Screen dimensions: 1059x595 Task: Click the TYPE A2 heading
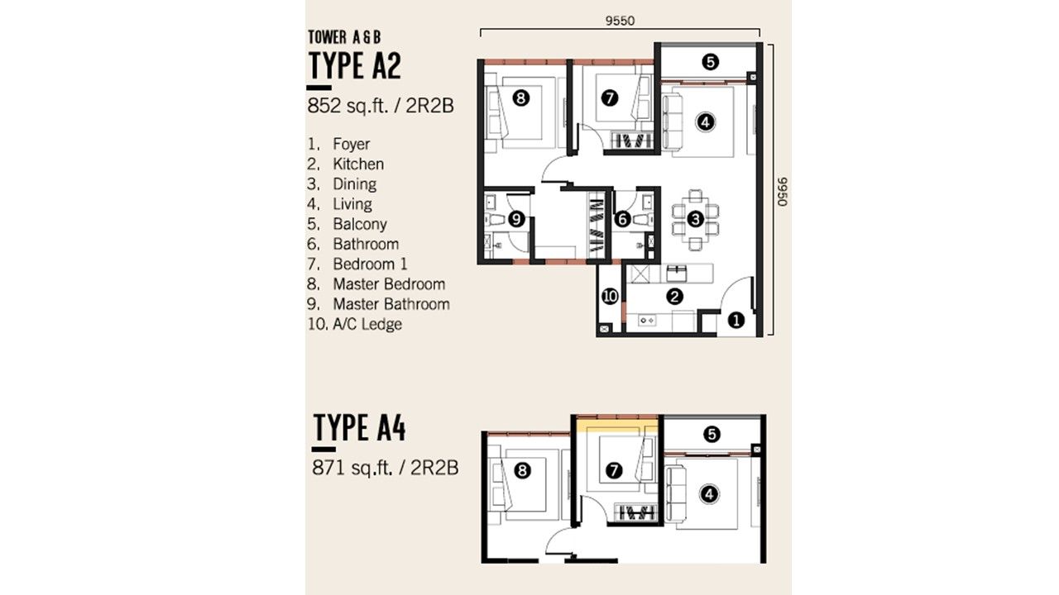[x=355, y=65]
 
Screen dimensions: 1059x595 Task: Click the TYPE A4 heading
[x=359, y=428]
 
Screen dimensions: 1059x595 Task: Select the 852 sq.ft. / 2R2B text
[x=381, y=106]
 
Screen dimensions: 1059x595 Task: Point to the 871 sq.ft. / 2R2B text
[x=386, y=468]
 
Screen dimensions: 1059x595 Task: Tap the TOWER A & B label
[x=344, y=37]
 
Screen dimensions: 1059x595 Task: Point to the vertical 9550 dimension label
[x=783, y=192]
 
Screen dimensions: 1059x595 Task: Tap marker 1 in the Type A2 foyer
[x=736, y=321]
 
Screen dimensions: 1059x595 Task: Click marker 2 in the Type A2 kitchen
[x=674, y=297]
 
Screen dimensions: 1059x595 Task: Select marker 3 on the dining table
[x=696, y=219]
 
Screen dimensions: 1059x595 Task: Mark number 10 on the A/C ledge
[x=610, y=297]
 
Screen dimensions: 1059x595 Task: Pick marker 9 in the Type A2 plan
[x=516, y=219]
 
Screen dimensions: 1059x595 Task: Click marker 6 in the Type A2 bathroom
[x=622, y=219]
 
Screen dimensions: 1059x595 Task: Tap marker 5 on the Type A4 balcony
[x=712, y=434]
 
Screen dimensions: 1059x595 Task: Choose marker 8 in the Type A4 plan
[x=522, y=470]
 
